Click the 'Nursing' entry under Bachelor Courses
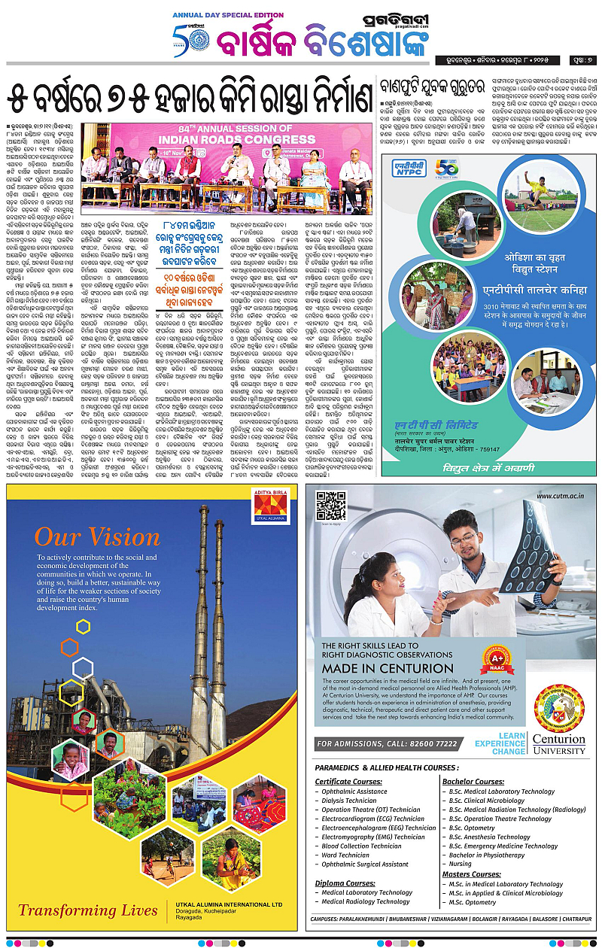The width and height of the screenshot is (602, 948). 461,864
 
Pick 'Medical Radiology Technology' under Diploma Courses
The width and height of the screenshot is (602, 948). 366,901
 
